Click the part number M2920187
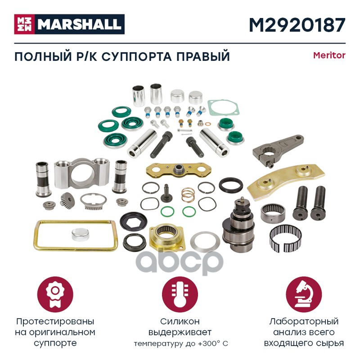pos(297,25)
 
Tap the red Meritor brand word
pos(329,55)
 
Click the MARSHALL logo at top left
pos(69,24)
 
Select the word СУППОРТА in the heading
pos(136,57)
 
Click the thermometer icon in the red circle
pos(180,295)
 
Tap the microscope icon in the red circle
pos(304,295)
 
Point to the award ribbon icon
pos(55,295)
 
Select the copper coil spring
pos(188,195)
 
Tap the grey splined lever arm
pos(278,149)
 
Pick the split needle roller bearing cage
pos(285,238)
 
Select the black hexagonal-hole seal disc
pos(134,221)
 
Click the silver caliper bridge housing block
pos(81,173)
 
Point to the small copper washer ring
pos(208,124)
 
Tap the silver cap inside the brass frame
pos(80,234)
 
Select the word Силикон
pos(180,321)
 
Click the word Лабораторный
pos(304,322)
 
